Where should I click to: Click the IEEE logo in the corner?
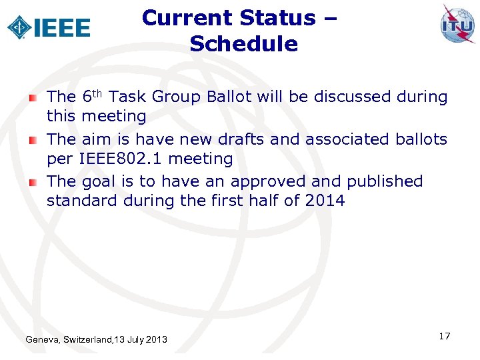[x=49, y=27]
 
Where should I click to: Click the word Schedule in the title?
[x=243, y=44]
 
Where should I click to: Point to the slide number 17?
[x=445, y=336]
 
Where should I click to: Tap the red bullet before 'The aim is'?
[x=33, y=140]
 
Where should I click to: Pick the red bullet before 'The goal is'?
[x=33, y=182]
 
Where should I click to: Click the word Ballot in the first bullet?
[x=229, y=97]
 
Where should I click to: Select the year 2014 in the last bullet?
[x=325, y=200]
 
